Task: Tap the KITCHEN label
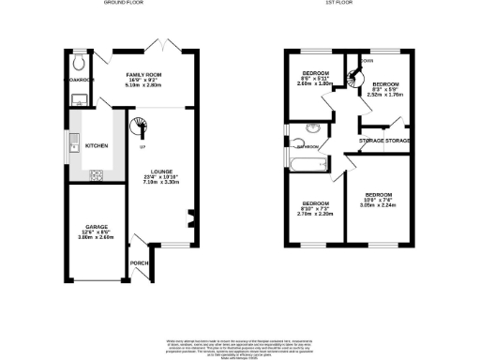point(97,146)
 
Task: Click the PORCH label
point(137,262)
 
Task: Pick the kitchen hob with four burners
point(96,173)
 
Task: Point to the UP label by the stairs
point(142,148)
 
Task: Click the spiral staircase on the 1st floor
point(356,78)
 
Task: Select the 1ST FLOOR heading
point(337,4)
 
